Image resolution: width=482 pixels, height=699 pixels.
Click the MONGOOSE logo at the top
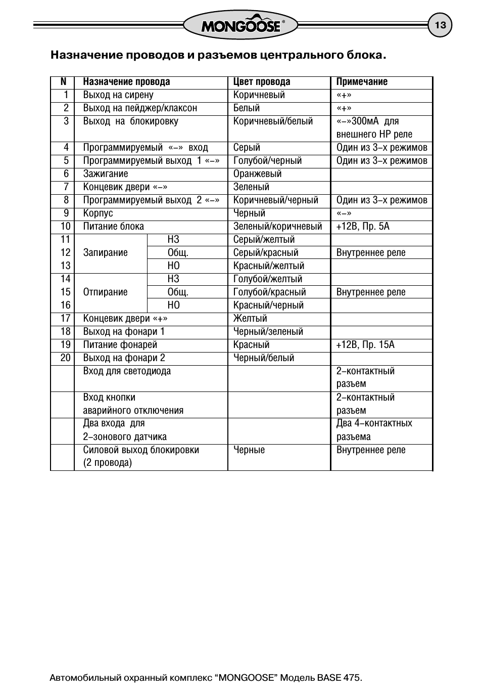(x=240, y=25)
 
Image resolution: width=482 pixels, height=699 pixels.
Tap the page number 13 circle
(x=440, y=25)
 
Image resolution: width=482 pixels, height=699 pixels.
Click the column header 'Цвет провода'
(x=262, y=82)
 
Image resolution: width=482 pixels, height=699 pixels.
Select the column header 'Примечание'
(x=362, y=82)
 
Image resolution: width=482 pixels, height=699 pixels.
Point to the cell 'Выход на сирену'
(x=118, y=95)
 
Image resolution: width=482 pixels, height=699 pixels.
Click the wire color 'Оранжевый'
(x=257, y=174)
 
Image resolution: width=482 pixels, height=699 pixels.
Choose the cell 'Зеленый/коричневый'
(x=277, y=227)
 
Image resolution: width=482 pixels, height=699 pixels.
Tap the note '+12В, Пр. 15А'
(x=365, y=345)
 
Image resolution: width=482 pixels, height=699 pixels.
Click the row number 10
(x=66, y=227)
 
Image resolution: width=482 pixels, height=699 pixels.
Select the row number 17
(x=66, y=319)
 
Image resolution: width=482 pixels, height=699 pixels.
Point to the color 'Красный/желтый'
(x=269, y=266)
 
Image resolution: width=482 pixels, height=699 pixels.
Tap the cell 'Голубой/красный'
(x=269, y=292)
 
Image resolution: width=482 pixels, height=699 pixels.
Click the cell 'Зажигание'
(x=106, y=174)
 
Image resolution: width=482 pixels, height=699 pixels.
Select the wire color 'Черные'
(x=249, y=450)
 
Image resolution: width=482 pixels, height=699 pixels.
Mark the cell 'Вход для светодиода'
(x=127, y=371)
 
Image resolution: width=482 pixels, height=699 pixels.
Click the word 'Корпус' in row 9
(x=98, y=213)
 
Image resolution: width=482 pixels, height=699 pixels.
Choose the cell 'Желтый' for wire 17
(x=250, y=319)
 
